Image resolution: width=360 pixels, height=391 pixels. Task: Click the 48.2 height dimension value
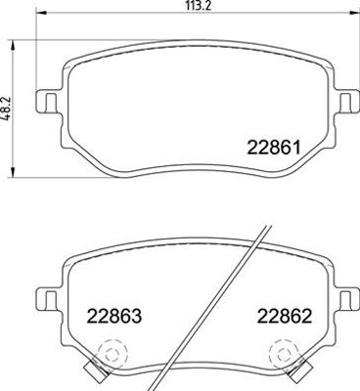[6, 109]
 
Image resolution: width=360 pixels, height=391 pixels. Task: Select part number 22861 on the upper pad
[273, 149]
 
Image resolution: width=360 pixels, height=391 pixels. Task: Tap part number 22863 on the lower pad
[114, 316]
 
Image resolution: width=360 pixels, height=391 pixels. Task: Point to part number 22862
[285, 316]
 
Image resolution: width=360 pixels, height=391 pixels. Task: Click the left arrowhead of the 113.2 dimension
[41, 13]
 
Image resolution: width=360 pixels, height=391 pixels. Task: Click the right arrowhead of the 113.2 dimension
[354, 13]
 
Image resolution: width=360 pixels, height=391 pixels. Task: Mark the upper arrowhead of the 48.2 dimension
[13, 46]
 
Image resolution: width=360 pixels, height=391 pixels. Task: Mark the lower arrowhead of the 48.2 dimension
[13, 172]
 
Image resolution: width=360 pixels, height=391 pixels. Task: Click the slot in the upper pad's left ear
[50, 102]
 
